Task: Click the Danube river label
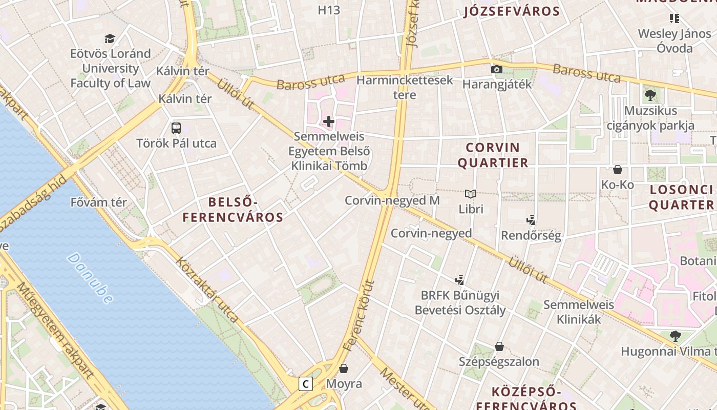point(90,278)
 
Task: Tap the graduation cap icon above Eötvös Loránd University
point(110,38)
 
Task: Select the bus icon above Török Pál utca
point(176,128)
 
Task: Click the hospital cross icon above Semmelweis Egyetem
point(329,121)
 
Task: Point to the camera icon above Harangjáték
point(496,69)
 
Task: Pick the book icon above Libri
point(471,194)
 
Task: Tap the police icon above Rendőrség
point(531,220)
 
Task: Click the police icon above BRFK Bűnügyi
point(460,280)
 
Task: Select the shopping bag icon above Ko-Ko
point(618,170)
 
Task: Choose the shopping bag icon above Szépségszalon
point(499,346)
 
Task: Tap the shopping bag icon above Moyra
point(344,368)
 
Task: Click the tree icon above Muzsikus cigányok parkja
point(650,95)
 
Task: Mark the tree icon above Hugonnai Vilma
point(676,336)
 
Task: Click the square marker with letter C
point(306,383)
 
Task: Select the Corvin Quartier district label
point(493,155)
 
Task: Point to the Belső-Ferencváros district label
point(233,209)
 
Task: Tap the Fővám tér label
point(98,202)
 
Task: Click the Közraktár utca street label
point(207,290)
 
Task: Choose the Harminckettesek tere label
point(405,87)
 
